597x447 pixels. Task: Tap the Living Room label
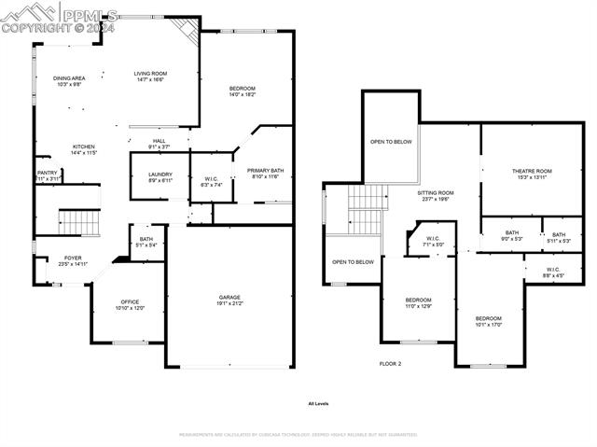click(x=149, y=74)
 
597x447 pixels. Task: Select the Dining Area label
click(x=69, y=78)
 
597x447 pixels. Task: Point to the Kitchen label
click(x=85, y=147)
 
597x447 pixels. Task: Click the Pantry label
click(x=47, y=173)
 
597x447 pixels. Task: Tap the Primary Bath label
click(x=265, y=171)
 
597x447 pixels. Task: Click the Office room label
click(x=130, y=301)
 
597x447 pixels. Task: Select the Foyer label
click(x=73, y=258)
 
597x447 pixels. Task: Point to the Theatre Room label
click(x=532, y=171)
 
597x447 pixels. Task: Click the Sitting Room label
click(x=435, y=191)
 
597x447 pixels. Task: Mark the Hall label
click(x=159, y=141)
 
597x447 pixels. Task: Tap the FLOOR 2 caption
click(x=390, y=363)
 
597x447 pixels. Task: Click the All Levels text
click(x=318, y=404)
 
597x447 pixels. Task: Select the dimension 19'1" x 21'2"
click(x=229, y=303)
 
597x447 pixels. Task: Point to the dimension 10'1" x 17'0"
click(x=489, y=325)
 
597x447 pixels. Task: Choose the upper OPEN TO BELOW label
click(x=391, y=142)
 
